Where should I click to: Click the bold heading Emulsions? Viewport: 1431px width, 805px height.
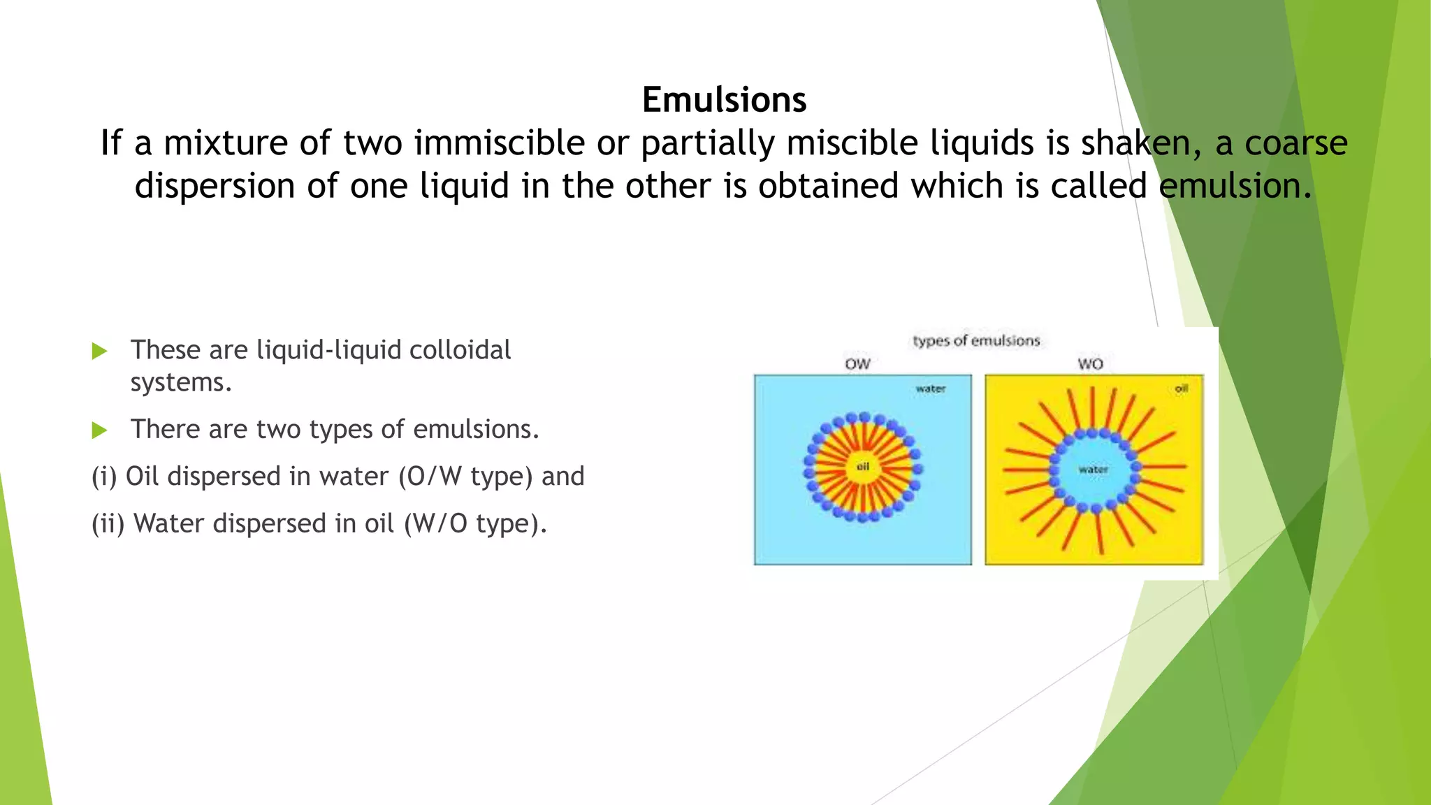point(724,100)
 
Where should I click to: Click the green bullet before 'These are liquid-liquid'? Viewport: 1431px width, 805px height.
point(99,351)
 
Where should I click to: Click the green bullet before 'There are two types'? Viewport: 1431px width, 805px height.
point(99,430)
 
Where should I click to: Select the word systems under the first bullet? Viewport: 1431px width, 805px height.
point(180,382)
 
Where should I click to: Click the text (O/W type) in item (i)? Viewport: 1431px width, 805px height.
point(467,477)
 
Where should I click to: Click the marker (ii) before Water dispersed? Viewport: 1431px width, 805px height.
point(108,523)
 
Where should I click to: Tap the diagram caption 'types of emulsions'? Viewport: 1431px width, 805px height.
point(976,341)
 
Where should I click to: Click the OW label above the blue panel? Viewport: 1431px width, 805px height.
point(857,364)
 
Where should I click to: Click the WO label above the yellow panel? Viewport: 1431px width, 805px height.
point(1090,364)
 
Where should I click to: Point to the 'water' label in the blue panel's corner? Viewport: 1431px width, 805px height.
point(931,389)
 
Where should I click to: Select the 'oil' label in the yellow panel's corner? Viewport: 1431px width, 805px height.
point(1181,389)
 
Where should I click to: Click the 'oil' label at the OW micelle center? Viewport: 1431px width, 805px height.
point(863,467)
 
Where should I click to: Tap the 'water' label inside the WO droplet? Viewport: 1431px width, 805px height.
point(1093,470)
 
